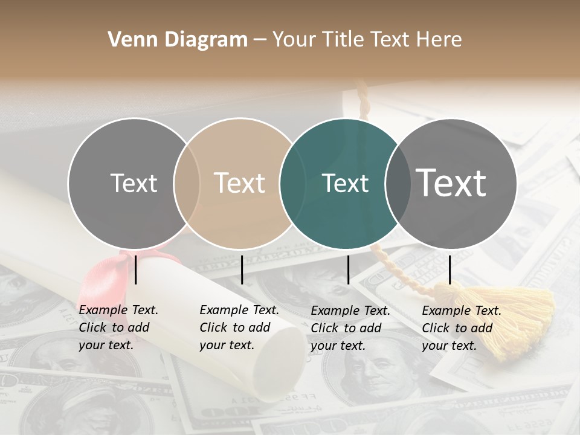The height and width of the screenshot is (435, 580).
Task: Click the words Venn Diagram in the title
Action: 178,40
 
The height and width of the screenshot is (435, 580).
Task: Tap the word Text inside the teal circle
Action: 345,183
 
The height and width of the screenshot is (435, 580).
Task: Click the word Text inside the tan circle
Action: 239,183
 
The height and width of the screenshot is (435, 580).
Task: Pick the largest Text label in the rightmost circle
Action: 451,182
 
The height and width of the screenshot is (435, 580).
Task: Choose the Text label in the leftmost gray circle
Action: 134,183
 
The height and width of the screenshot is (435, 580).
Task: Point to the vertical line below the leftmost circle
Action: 136,269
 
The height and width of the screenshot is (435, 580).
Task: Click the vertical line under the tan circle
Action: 242,269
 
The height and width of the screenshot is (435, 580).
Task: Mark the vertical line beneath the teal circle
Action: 348,269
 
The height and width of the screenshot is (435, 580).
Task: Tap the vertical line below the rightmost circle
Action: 449,269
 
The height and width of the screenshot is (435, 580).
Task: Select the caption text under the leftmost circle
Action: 118,327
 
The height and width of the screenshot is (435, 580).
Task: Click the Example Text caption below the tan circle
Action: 239,327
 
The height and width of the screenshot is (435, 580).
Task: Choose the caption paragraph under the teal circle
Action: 350,328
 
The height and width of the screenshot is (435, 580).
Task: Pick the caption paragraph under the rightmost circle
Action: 461,328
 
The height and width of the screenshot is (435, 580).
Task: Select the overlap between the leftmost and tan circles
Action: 187,183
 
